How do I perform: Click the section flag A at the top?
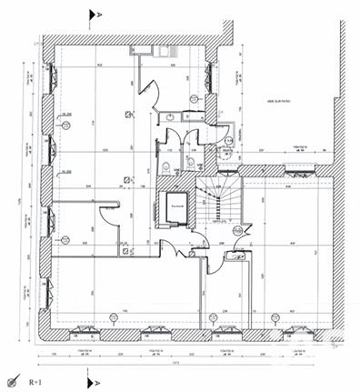pos(91,15)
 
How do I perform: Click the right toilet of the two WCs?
pos(192,162)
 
